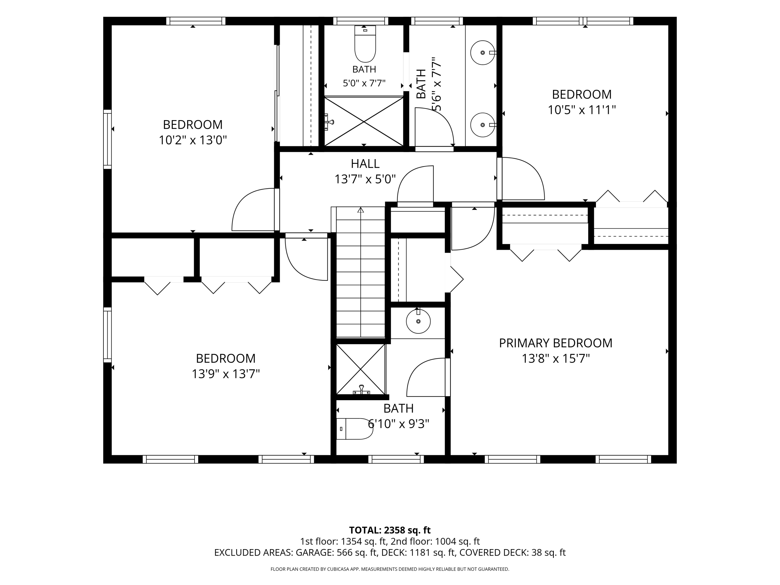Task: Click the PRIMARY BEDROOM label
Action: point(555,343)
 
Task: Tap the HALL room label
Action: point(365,164)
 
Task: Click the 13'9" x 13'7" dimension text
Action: point(226,374)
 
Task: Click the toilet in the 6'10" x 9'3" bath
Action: point(354,429)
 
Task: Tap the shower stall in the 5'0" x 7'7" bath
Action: point(364,121)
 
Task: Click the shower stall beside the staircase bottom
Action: point(360,369)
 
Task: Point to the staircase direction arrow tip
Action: point(360,208)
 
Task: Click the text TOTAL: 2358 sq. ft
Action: point(390,530)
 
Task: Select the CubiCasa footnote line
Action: point(390,569)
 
